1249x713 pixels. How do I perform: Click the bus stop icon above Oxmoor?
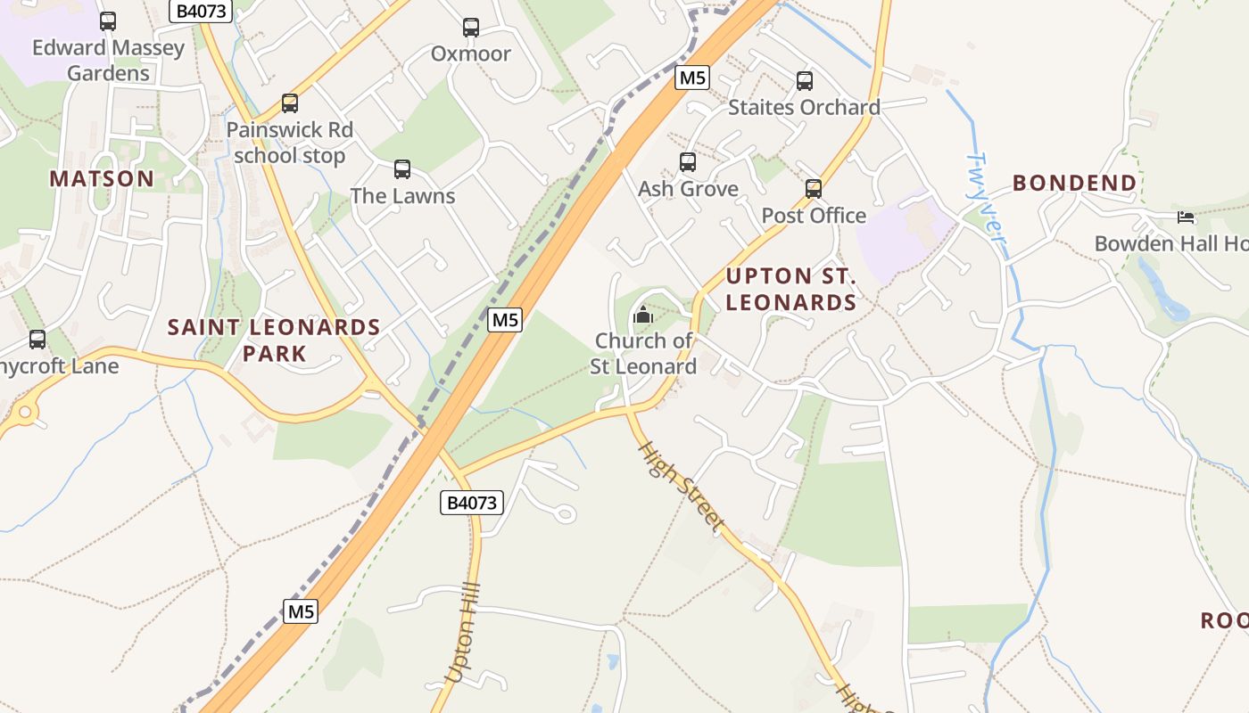point(471,28)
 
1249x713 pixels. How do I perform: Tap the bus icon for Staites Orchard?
point(805,81)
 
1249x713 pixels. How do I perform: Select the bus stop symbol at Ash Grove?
point(688,162)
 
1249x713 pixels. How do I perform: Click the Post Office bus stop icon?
point(814,189)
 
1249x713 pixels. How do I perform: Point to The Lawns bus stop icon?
point(402,169)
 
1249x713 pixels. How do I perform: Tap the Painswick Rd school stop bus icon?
point(290,103)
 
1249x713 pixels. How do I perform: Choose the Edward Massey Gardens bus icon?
point(108,21)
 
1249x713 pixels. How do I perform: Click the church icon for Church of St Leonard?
point(642,315)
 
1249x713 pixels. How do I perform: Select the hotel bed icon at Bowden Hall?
point(1186,217)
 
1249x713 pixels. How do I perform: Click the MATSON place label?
point(102,178)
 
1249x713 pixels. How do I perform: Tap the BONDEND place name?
point(1075,184)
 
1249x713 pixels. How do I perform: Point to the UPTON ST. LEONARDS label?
point(791,289)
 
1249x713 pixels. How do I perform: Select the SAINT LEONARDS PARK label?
point(275,340)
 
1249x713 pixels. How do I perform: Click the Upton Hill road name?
point(463,633)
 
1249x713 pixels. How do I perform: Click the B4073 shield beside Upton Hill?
point(472,503)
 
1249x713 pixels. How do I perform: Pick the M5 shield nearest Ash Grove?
point(692,78)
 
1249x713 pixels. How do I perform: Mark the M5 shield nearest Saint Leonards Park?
point(504,319)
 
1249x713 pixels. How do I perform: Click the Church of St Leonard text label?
point(643,354)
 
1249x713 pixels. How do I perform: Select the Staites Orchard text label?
point(804,108)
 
